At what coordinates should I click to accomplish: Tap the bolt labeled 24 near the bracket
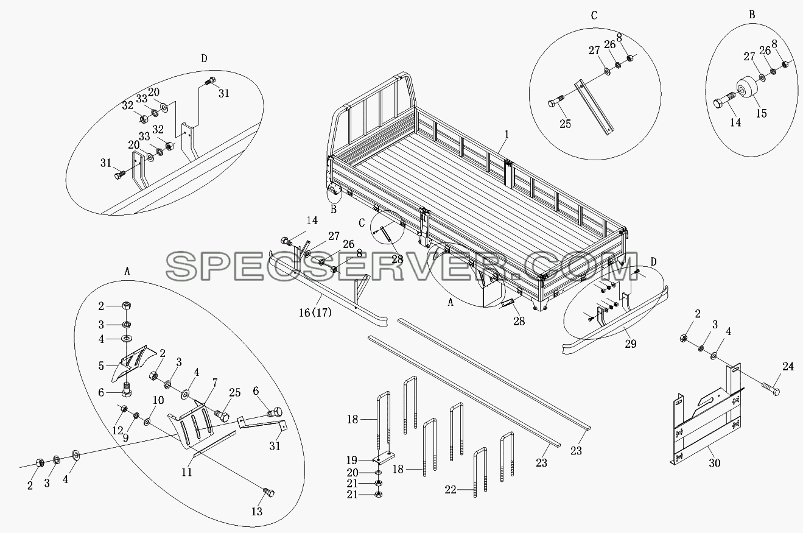769,390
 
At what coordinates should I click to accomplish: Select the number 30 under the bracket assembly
715,463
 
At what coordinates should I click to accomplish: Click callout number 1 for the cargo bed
507,135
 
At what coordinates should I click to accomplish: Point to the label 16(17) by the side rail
315,312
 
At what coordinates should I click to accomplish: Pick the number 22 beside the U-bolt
451,490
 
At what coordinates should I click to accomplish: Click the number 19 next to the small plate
352,460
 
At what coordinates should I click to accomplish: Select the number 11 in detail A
187,472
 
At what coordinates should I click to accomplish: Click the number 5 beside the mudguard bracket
101,366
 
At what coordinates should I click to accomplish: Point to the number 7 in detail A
215,383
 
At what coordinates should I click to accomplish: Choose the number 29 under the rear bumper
631,344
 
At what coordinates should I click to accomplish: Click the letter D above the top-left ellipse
204,58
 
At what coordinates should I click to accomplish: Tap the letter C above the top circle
594,15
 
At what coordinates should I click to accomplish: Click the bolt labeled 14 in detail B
723,105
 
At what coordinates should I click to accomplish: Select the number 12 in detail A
117,431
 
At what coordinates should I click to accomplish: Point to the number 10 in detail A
158,400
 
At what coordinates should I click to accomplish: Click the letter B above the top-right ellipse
752,15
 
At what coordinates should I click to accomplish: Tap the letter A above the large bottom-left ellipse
127,272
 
